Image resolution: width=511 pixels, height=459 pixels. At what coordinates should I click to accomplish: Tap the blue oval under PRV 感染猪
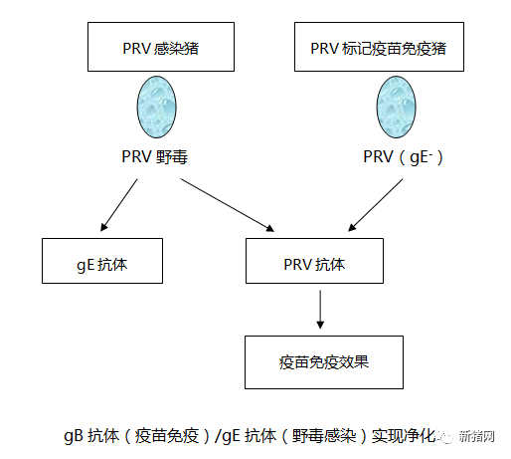pyautogui.click(x=157, y=107)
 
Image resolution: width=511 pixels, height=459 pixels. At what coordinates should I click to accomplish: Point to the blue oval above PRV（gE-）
pyautogui.click(x=396, y=107)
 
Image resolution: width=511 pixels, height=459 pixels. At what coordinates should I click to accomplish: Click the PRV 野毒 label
pyautogui.click(x=155, y=156)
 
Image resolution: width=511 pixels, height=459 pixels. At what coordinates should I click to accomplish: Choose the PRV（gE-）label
pyautogui.click(x=403, y=157)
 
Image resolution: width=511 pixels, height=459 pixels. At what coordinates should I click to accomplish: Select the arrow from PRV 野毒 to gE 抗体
pyautogui.click(x=119, y=205)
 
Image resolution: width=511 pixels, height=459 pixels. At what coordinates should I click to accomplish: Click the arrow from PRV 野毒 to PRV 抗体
pyautogui.click(x=228, y=205)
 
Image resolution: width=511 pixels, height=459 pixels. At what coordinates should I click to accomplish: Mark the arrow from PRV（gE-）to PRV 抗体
pyautogui.click(x=375, y=205)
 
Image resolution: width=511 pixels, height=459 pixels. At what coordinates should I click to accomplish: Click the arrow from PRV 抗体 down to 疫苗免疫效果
pyautogui.click(x=320, y=310)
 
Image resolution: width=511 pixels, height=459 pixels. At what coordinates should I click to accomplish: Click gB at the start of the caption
pyautogui.click(x=74, y=436)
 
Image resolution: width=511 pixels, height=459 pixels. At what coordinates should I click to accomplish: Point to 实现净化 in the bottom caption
pyautogui.click(x=404, y=436)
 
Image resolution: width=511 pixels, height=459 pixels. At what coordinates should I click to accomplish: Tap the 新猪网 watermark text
pyautogui.click(x=476, y=436)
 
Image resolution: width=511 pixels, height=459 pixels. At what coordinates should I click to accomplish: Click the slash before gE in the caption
pyautogui.click(x=218, y=436)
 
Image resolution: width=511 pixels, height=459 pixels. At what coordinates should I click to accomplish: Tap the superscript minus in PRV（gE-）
pyautogui.click(x=430, y=152)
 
